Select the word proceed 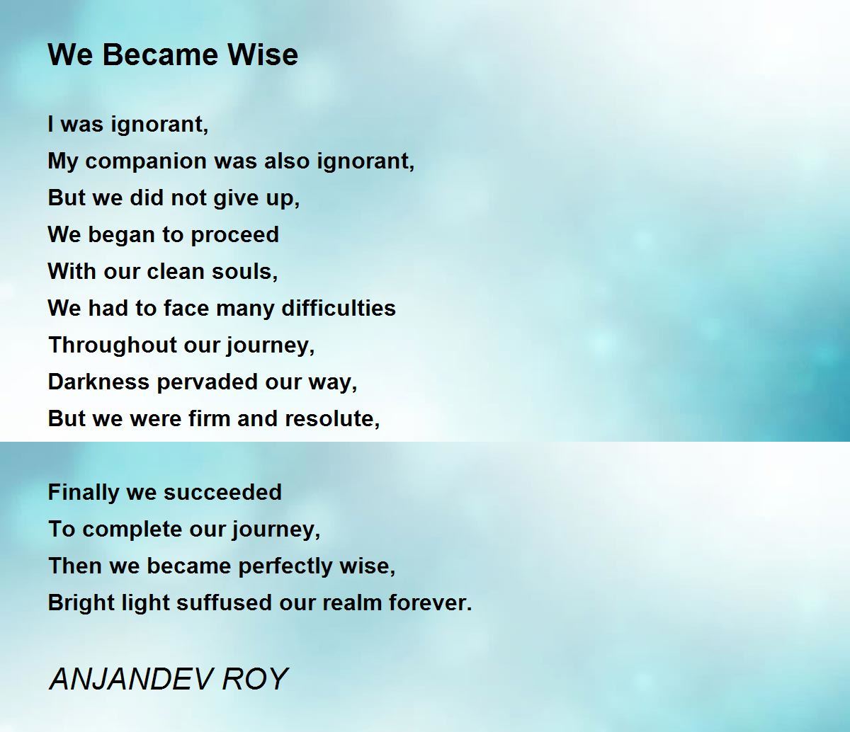tap(234, 236)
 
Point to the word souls tap(244, 272)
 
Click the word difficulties tap(339, 308)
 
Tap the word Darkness tap(98, 382)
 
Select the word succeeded tap(223, 492)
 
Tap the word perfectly tap(285, 567)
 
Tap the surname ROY tap(255, 679)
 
